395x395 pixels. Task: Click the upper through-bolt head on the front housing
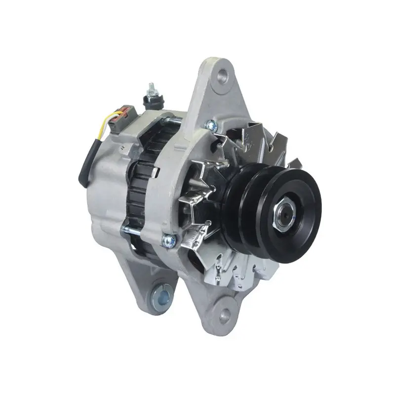tap(209, 125)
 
